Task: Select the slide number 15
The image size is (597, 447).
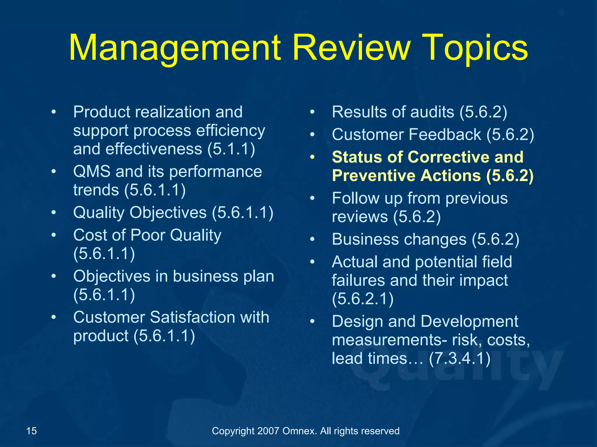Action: pyautogui.click(x=31, y=431)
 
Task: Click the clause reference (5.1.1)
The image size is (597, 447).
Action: pyautogui.click(x=231, y=149)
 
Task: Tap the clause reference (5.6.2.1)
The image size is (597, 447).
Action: pyautogui.click(x=363, y=299)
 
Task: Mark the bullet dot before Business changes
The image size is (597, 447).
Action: pyautogui.click(x=312, y=240)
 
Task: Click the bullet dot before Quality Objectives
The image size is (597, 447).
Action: pyautogui.click(x=54, y=212)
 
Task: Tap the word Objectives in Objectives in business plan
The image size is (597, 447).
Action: pyautogui.click(x=112, y=276)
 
